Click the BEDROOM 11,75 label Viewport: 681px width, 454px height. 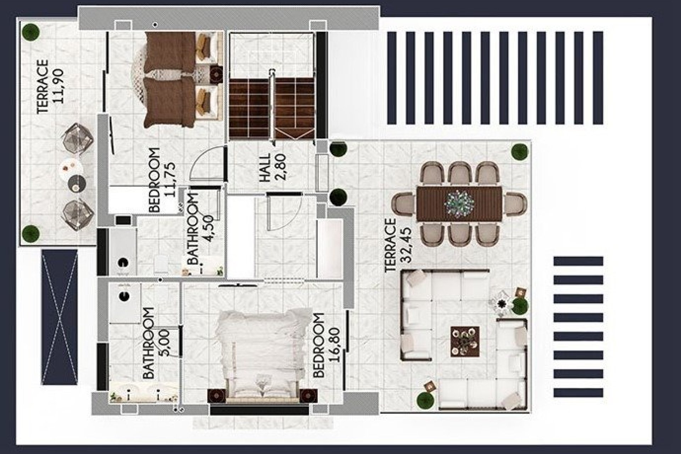pyautogui.click(x=161, y=180)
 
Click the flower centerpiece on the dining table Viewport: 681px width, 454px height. pyautogui.click(x=459, y=203)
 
